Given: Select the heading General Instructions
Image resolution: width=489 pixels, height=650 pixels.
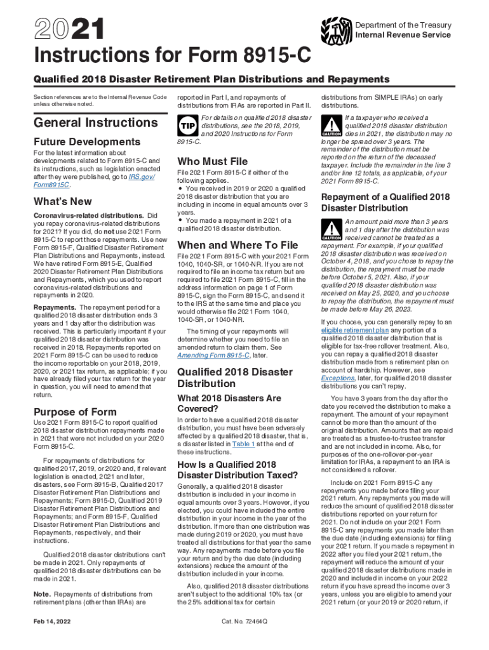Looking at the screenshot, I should point(91,122).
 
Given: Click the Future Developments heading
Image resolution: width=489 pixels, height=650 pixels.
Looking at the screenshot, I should point(87,142).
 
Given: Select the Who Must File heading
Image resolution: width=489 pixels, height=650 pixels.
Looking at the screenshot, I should point(212,161).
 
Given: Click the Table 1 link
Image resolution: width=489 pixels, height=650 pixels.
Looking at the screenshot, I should point(243,444).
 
